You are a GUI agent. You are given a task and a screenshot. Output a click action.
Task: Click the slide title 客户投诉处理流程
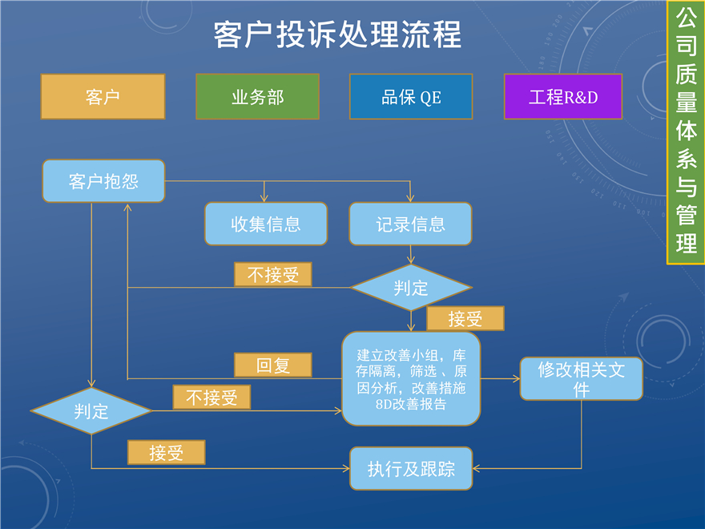coord(337,35)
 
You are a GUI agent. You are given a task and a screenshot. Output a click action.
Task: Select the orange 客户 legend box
coord(103,97)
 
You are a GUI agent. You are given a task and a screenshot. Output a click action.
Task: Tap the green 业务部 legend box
coord(257,97)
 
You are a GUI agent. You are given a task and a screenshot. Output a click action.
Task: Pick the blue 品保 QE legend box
coord(411,97)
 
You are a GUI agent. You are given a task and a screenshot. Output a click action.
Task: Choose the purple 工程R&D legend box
coord(563,97)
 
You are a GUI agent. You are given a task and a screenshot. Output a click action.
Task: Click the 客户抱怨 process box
coord(103,181)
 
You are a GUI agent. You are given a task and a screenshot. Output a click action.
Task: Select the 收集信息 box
coord(266,224)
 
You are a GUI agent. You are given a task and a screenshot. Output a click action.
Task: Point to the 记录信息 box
coord(411,224)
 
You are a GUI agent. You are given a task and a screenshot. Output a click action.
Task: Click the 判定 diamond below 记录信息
coord(411,288)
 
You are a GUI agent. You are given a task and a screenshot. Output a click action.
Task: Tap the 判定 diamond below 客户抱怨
coord(91,412)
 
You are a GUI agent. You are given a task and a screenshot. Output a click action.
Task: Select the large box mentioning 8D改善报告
coord(411,378)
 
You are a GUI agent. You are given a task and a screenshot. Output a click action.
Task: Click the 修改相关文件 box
coord(581,378)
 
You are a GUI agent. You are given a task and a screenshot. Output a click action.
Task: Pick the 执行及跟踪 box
coord(411,469)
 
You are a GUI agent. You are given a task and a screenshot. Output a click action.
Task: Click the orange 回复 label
coord(272,365)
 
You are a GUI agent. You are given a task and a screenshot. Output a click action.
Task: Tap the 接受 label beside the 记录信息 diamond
coord(465,319)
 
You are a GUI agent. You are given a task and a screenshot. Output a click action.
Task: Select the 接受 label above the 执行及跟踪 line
coord(166,452)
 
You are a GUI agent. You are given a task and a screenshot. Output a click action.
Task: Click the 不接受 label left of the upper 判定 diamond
coord(272,275)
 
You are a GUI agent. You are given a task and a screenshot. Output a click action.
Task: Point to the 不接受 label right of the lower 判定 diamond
coord(211,397)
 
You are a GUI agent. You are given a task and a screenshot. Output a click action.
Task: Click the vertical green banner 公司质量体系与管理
coord(685,133)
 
